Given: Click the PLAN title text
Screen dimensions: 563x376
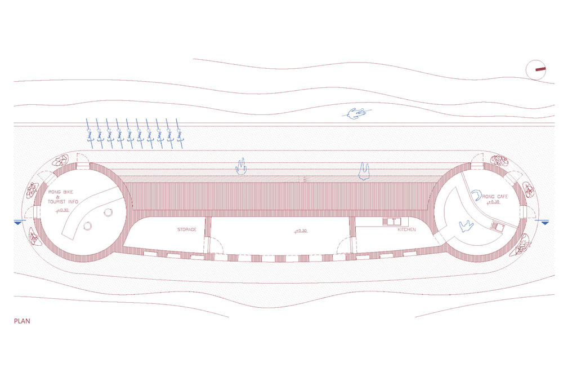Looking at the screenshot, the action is coord(22,321).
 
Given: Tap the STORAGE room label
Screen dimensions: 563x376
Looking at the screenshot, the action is coord(187,229).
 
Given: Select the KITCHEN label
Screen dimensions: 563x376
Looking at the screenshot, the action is coord(406,229).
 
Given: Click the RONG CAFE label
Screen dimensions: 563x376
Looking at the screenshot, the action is coord(495,197).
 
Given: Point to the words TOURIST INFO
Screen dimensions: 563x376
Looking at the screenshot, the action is coord(63,202).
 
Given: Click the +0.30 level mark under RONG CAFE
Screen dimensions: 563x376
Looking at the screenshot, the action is coord(493,202).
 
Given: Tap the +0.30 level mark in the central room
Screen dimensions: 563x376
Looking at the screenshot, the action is coord(301,231).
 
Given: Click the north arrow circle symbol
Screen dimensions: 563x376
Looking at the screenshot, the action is coord(536,69).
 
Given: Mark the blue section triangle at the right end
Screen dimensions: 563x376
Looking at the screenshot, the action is coord(545,223).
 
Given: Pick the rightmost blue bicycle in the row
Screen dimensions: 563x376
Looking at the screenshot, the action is coord(180,134).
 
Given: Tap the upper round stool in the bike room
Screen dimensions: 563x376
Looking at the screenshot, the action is coord(108,213).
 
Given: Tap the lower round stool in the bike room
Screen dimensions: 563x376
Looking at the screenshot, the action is coord(87,226).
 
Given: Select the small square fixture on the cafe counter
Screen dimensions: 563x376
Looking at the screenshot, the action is coord(498,225).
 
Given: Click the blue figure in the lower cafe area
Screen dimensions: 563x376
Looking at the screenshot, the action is coord(466,225).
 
